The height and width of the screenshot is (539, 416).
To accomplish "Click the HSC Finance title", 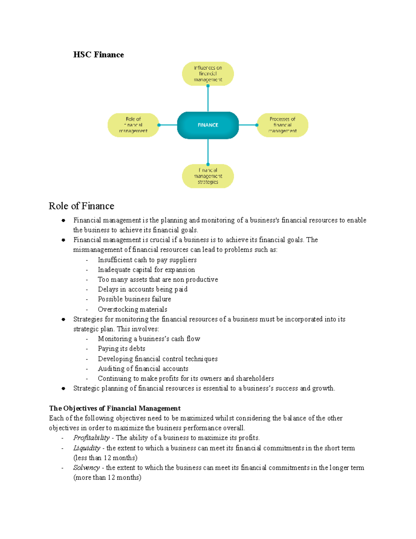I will click(x=98, y=54).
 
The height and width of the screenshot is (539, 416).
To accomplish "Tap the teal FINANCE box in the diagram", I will click(x=208, y=125).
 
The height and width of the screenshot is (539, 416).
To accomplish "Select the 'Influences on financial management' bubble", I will click(x=208, y=74).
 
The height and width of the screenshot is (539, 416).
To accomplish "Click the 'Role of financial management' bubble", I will click(x=133, y=125).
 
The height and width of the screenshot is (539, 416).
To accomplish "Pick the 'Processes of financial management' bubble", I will click(x=283, y=125).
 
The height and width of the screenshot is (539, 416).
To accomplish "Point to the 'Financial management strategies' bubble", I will click(x=208, y=176).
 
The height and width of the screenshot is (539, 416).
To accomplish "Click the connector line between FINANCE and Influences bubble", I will click(x=208, y=99).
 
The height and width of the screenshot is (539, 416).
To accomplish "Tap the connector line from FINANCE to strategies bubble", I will click(x=208, y=152).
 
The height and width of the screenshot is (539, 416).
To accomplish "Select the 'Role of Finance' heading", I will click(x=81, y=206).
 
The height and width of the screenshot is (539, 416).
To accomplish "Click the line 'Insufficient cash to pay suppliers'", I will click(x=147, y=260).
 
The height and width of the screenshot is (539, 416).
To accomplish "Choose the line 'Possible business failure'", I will click(x=135, y=299).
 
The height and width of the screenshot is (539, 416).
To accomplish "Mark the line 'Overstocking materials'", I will click(x=132, y=309).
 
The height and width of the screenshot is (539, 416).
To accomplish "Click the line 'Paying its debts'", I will click(x=121, y=348).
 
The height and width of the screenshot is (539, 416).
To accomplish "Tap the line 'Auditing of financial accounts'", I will click(x=143, y=369).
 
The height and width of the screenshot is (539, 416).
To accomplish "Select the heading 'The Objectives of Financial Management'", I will click(x=115, y=408).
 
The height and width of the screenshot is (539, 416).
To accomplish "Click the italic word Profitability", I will click(x=92, y=438).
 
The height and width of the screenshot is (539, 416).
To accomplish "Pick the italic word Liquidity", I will click(x=87, y=448).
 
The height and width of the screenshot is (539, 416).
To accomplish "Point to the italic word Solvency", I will click(x=86, y=468).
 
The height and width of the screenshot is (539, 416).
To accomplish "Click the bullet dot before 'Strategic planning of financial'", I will click(x=63, y=388).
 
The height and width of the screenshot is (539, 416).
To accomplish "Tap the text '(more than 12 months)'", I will click(x=107, y=478).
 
